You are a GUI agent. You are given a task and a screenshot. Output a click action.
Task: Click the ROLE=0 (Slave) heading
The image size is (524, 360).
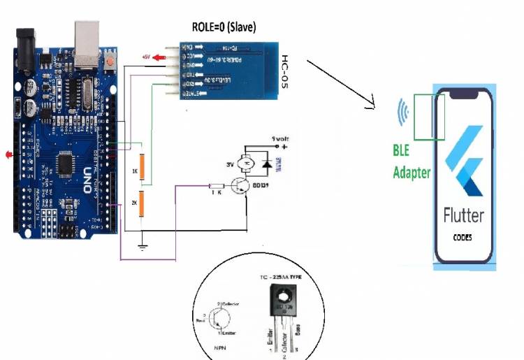click(224, 27)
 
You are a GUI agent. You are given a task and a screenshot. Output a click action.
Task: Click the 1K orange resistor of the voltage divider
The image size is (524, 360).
click(142, 167)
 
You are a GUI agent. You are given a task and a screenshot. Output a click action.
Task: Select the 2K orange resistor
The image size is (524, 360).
click(142, 204)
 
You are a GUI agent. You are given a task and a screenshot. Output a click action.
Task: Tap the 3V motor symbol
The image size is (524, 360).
click(247, 164)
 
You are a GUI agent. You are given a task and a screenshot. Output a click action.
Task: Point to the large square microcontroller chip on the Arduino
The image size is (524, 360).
click(64, 161)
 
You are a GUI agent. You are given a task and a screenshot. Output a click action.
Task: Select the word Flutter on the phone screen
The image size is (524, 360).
click(463, 215)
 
